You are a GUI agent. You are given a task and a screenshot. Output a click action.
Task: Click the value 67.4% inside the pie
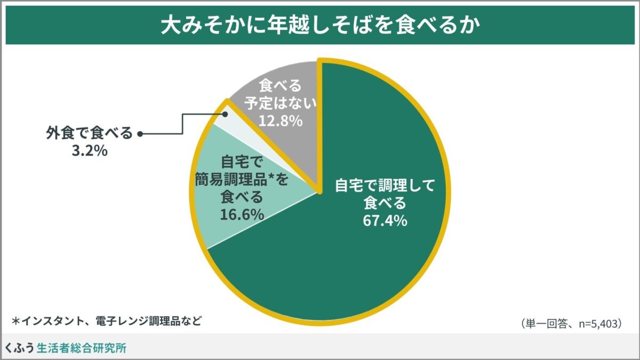point(385,220)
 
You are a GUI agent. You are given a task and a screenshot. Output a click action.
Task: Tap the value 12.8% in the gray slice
point(281,121)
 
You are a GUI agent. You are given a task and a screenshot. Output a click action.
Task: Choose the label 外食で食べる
point(89,134)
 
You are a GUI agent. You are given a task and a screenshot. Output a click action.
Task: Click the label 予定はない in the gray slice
point(281,102)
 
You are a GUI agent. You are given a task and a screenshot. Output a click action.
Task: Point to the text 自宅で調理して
point(385,186)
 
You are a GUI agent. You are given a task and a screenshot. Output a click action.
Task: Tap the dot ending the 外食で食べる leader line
point(140,134)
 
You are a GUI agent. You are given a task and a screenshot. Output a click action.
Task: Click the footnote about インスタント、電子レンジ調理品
point(107,322)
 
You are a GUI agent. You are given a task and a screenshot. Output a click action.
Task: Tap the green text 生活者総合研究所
point(82,348)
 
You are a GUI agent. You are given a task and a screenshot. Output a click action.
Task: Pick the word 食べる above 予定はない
point(281,85)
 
